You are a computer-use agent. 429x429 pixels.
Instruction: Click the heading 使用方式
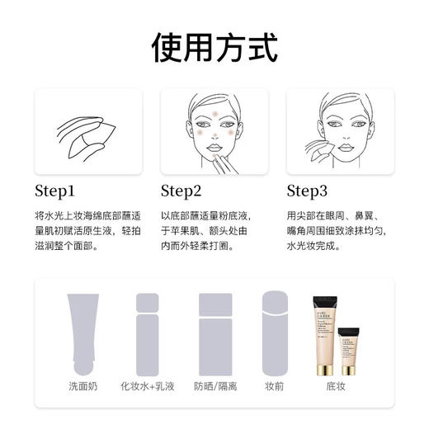pyautogui.click(x=214, y=48)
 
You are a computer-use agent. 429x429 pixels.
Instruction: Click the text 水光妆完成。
pyautogui.click(x=319, y=245)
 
